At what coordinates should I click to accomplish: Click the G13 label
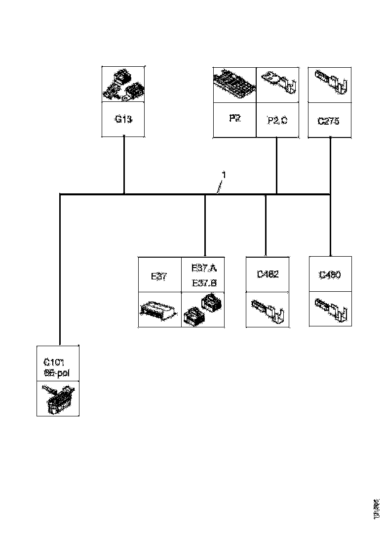click(123, 120)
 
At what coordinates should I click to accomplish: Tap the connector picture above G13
click(123, 85)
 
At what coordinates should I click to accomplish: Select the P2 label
click(235, 119)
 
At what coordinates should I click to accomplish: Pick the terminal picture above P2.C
click(277, 85)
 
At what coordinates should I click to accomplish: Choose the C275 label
click(329, 121)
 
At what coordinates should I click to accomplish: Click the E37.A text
click(203, 269)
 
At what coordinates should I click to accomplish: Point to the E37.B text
click(203, 283)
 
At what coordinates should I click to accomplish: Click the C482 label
click(267, 275)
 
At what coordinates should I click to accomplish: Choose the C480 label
click(330, 275)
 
